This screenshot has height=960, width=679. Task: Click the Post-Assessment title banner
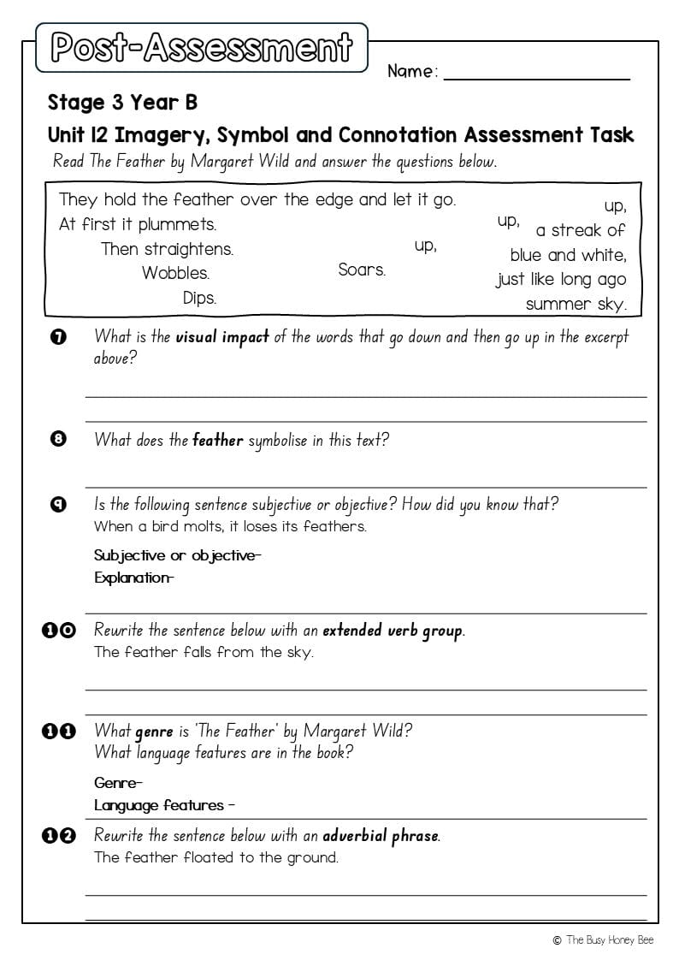pos(202,48)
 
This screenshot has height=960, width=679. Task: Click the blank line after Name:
pos(536,75)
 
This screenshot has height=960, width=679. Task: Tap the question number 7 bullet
pos(58,337)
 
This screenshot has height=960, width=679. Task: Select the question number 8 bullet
pos(58,441)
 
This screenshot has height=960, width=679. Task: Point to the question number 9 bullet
pos(58,505)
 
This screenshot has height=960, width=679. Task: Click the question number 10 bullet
pos(58,631)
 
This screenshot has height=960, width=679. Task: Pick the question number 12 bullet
pos(58,836)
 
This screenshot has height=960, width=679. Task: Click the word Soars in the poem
pos(362,270)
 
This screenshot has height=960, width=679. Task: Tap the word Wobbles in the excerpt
pos(175,274)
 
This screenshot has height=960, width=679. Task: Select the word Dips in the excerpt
pos(199,299)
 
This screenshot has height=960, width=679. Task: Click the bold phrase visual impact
pos(222,337)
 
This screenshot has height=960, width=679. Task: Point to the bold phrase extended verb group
pos(393,631)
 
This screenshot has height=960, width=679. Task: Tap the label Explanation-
pos(134,578)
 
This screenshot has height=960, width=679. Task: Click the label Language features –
pos(164,805)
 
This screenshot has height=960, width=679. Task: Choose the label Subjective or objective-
pos(178,555)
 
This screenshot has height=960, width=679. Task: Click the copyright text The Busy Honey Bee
pos(604,940)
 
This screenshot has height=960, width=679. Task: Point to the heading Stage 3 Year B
pos(122,103)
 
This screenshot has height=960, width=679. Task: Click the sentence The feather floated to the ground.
pos(216,857)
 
